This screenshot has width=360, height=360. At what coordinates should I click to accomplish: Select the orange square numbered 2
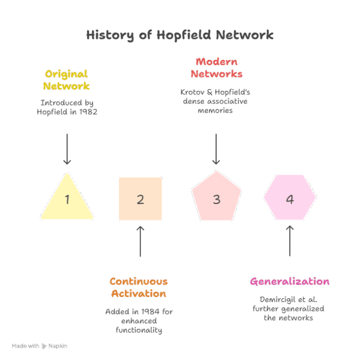click(x=140, y=199)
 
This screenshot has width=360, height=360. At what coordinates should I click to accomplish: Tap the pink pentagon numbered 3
click(x=216, y=199)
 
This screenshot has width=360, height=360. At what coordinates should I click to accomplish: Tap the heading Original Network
click(x=67, y=80)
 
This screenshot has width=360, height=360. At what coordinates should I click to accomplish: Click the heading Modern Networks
click(x=216, y=68)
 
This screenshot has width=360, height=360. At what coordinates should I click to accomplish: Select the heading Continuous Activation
click(x=139, y=288)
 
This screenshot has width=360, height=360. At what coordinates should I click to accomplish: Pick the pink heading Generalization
click(x=290, y=282)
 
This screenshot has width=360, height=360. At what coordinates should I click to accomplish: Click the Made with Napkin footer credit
click(x=39, y=346)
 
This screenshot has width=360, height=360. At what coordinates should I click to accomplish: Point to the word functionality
click(x=139, y=329)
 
